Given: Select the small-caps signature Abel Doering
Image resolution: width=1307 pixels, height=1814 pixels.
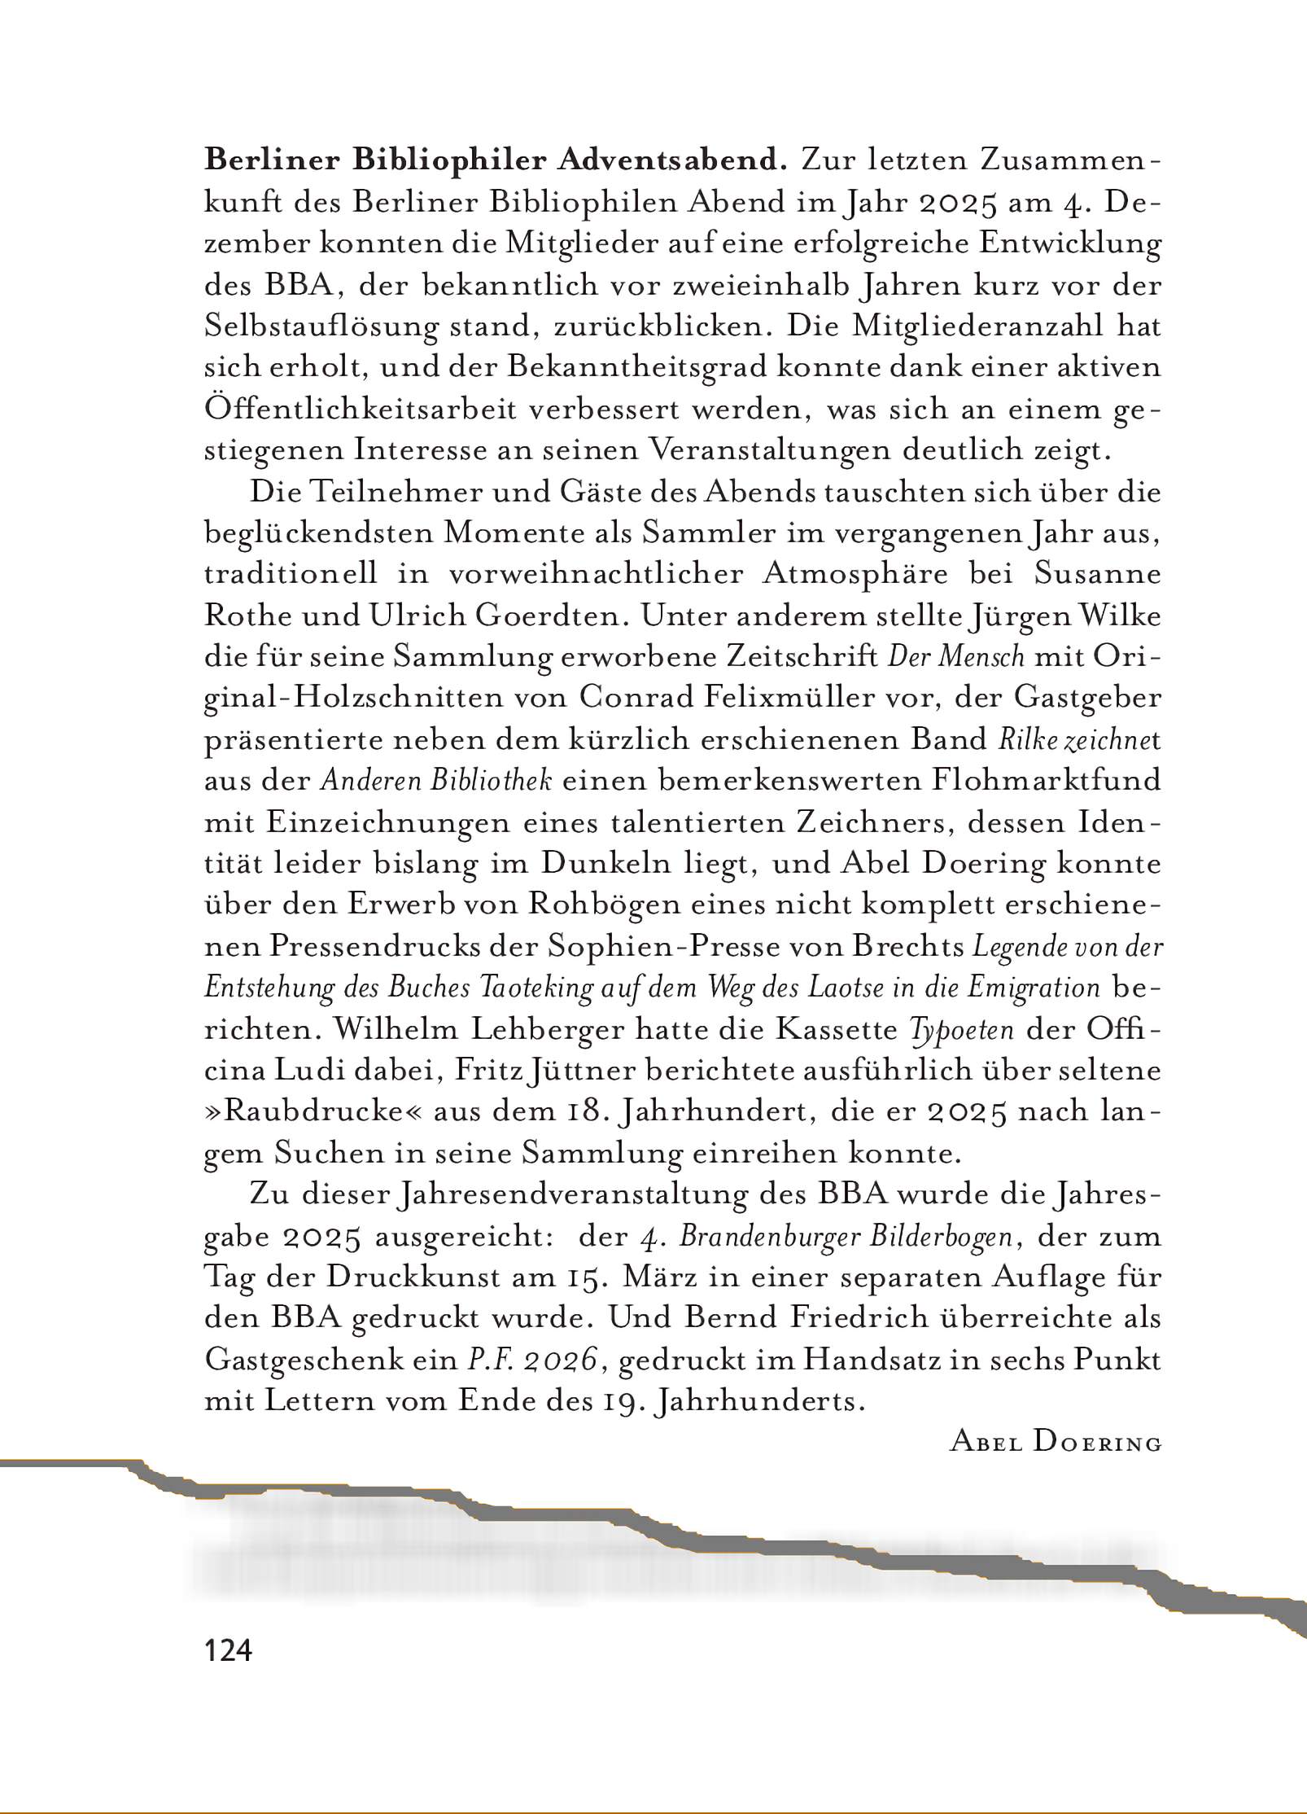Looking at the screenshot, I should (x=1056, y=1443).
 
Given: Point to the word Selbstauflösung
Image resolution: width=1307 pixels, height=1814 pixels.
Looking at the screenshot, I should (x=321, y=326).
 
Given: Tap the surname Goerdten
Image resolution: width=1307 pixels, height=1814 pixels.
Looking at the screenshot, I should (x=552, y=616).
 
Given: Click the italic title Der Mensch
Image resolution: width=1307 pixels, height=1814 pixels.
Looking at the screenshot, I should (x=955, y=657).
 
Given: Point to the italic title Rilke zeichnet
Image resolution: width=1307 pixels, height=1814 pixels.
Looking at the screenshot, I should (x=1079, y=740).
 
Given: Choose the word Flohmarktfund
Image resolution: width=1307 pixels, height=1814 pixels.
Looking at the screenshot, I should (x=1046, y=781).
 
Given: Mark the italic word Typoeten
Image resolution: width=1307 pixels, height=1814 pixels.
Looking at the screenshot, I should (x=962, y=1030).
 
